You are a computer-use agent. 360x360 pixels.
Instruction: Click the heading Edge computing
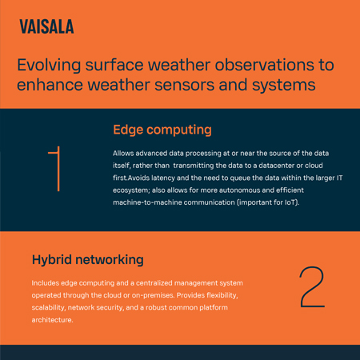[x=162, y=129]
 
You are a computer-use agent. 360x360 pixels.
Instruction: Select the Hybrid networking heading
[x=87, y=259]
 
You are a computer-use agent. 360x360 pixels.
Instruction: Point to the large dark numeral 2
[x=310, y=288]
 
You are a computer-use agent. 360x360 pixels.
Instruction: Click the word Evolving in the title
[x=50, y=65]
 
